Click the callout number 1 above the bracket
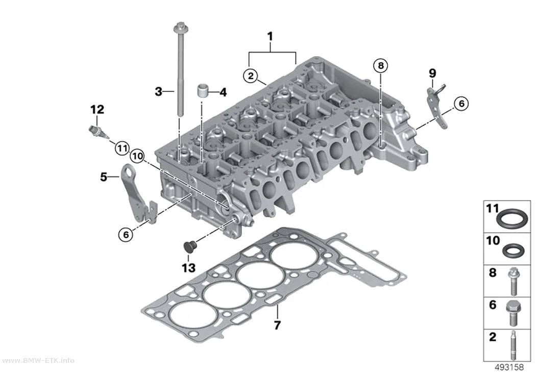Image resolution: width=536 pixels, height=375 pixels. point(270,37)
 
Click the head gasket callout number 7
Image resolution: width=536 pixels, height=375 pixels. point(277,325)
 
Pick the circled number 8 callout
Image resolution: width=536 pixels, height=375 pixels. point(381,65)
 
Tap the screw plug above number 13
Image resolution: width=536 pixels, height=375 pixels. point(189,247)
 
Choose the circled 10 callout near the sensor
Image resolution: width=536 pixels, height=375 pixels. point(137,157)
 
